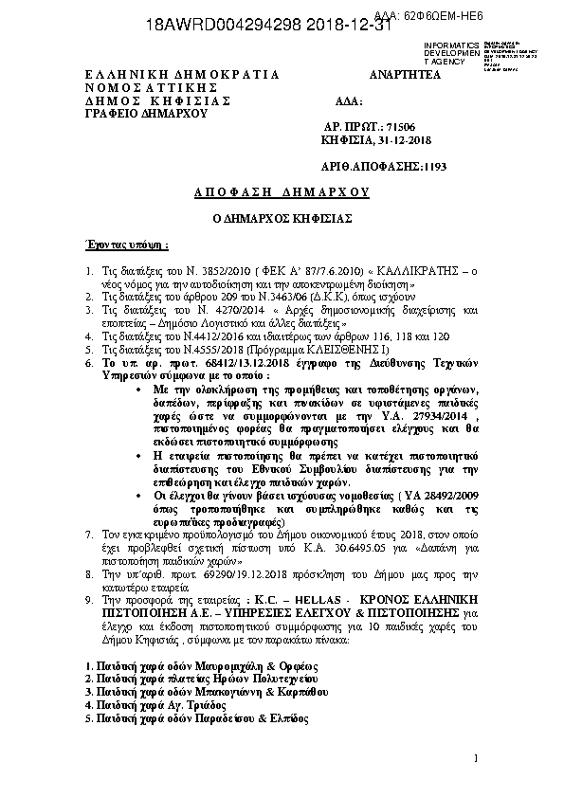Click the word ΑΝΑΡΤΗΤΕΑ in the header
pyautogui.click(x=406, y=74)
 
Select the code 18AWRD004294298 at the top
pyautogui.click(x=223, y=27)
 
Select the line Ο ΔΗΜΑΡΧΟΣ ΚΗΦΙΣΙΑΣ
pyautogui.click(x=282, y=218)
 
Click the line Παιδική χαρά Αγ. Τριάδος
pyautogui.click(x=155, y=705)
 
